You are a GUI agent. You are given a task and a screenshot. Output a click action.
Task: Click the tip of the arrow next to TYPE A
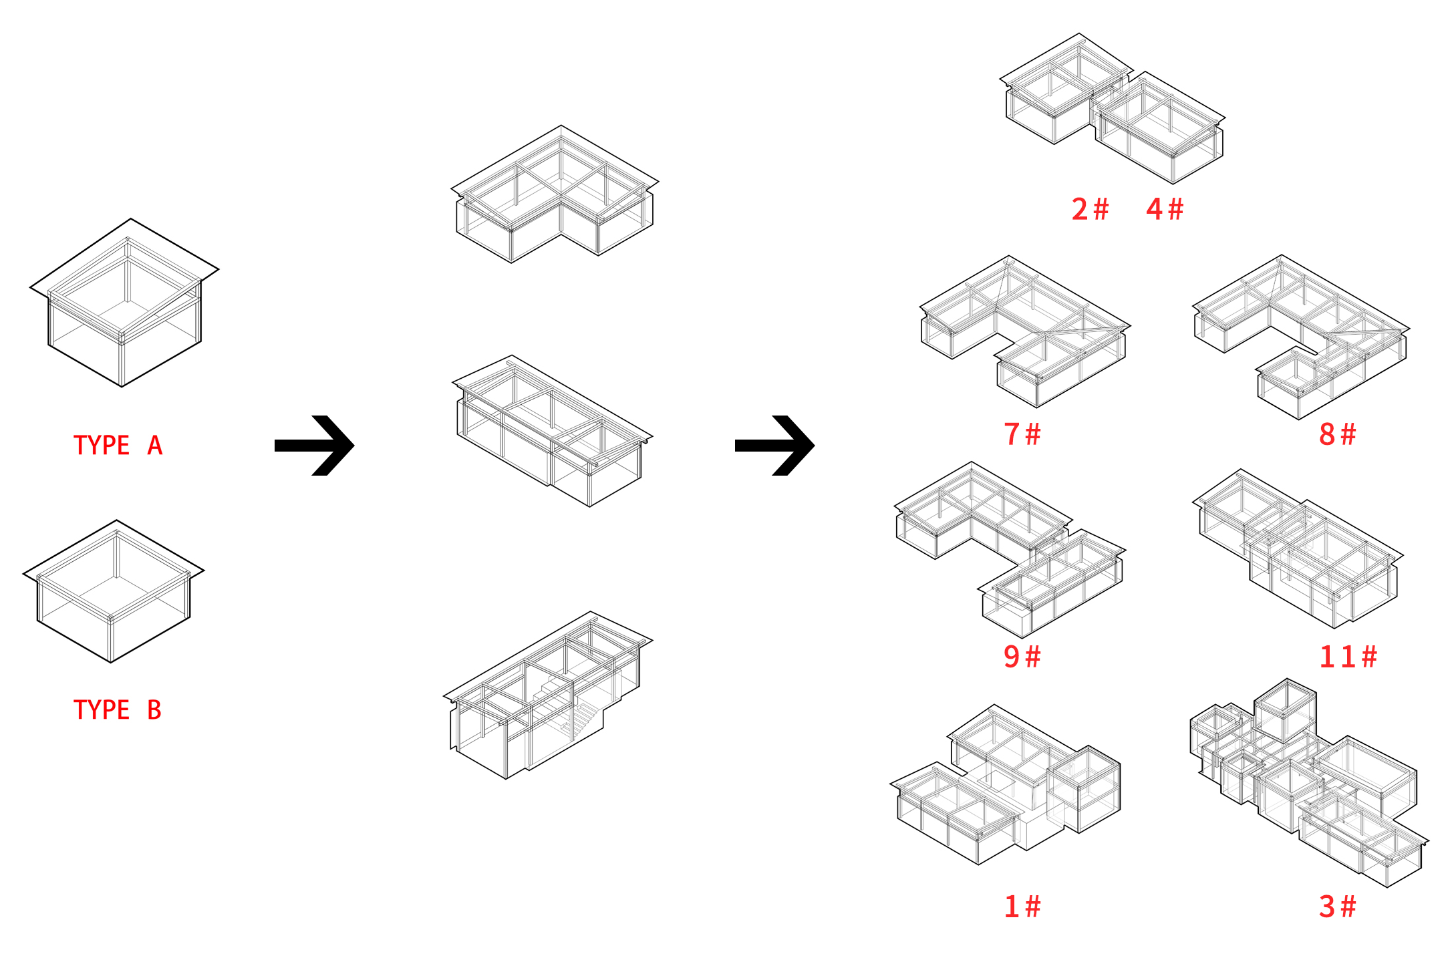coord(354,445)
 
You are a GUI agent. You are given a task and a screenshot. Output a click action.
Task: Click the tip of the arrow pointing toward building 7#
coord(815,445)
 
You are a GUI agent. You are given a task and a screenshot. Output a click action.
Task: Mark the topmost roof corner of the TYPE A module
coord(131,219)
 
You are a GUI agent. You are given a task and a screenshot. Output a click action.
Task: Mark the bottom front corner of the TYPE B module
coord(111,662)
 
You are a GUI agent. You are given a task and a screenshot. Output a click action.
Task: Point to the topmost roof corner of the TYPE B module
coord(117,520)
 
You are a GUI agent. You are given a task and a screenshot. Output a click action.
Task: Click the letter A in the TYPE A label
coord(155,445)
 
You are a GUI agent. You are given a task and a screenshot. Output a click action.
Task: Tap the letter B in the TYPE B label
coord(154,709)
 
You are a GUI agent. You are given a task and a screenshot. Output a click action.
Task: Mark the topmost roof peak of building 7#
coord(1008,256)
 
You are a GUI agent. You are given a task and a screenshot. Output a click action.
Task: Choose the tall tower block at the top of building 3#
coord(1286,711)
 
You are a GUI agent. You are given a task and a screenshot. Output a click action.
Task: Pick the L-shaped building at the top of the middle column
coord(555,194)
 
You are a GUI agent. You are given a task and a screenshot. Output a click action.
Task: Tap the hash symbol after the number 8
coord(1348,434)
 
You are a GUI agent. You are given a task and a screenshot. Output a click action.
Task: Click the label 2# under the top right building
coord(1091,209)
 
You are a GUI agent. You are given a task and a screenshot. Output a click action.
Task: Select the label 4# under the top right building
coord(1165,209)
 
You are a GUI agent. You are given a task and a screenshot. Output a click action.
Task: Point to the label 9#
coord(1022,656)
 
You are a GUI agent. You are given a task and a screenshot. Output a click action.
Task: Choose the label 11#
coord(1348,657)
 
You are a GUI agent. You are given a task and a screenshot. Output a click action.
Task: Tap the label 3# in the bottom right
coord(1338,907)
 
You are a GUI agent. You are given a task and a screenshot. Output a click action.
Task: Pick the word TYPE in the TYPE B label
coord(102,709)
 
